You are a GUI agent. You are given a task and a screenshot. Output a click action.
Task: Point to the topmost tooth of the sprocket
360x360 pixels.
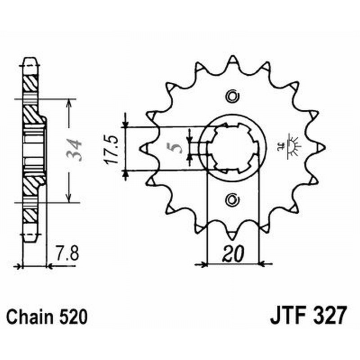[x=232, y=60]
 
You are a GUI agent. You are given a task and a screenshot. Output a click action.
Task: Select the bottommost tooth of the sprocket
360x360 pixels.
[x=232, y=234]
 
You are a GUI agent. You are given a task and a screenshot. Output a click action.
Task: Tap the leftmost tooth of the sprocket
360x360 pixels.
[x=145, y=147]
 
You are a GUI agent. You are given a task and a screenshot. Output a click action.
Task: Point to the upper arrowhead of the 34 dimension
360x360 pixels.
[x=68, y=102]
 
